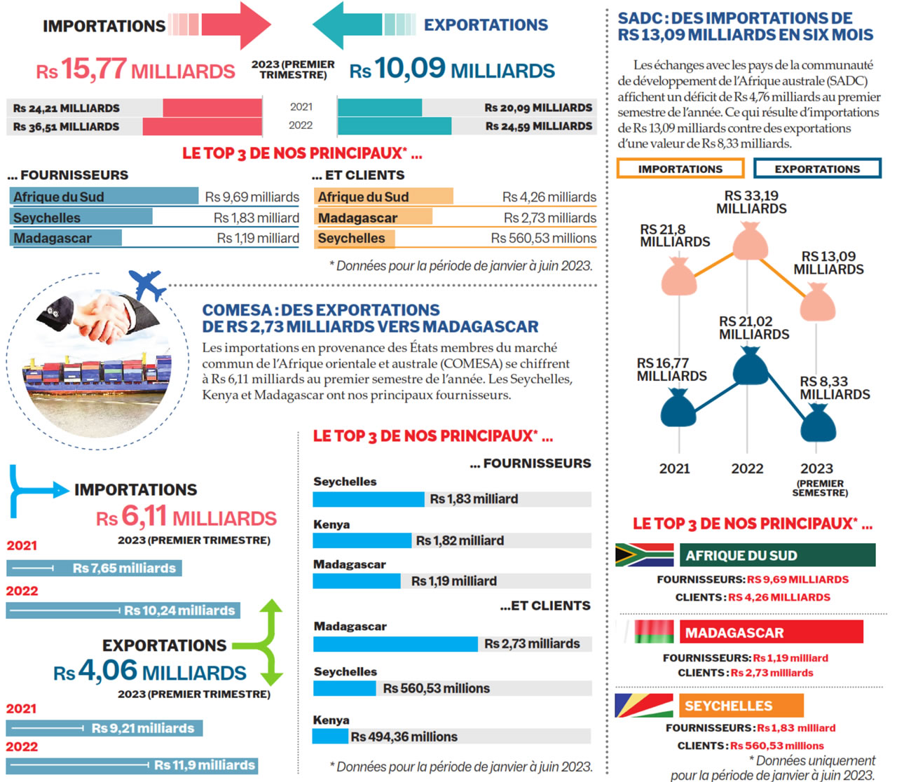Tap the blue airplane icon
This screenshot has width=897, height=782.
click(x=147, y=284)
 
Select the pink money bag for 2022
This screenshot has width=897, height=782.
click(x=749, y=242)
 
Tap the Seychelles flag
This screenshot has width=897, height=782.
click(x=643, y=705)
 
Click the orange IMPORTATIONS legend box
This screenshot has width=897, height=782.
click(x=680, y=169)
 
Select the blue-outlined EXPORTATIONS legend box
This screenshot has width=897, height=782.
click(x=817, y=169)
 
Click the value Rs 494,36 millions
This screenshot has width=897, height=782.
click(x=404, y=736)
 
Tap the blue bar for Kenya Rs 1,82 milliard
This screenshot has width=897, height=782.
click(x=362, y=540)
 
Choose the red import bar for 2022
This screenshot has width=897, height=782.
click(x=203, y=127)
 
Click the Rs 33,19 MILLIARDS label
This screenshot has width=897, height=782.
click(x=751, y=202)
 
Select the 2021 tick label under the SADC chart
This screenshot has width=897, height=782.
click(x=674, y=469)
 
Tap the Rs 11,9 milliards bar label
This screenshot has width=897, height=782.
click(x=205, y=765)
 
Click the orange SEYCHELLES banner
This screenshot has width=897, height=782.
click(x=741, y=706)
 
